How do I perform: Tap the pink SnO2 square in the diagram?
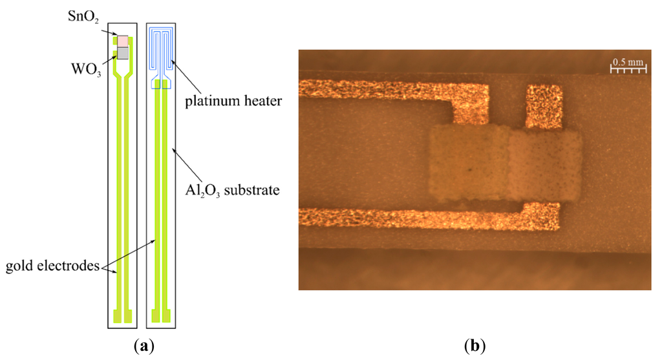(123, 41)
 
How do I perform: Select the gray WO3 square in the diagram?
(123, 54)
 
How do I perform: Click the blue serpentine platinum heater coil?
(160, 48)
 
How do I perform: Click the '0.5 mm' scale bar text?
(628, 63)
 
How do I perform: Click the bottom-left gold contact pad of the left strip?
(116, 316)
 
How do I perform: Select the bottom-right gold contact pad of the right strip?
(172, 316)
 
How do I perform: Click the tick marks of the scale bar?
(628, 72)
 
